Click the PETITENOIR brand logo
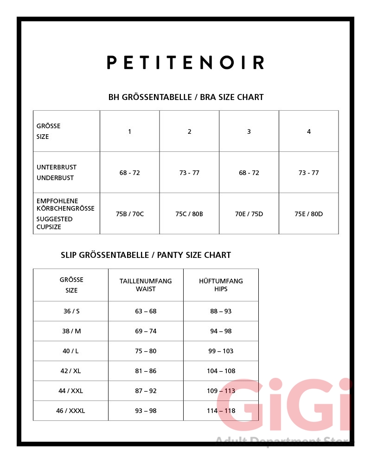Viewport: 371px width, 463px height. [x=185, y=63]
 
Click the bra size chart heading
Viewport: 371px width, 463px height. [x=186, y=97]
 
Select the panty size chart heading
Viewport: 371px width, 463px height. [x=146, y=255]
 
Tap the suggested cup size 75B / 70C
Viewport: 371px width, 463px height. [x=130, y=214]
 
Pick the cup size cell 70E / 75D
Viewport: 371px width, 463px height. [x=249, y=214]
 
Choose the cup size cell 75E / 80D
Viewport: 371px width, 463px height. [x=309, y=214]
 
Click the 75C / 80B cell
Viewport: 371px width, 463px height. [x=189, y=214]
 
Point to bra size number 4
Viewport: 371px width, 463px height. [x=309, y=131]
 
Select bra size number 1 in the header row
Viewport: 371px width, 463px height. [x=130, y=131]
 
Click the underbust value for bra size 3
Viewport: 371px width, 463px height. [x=249, y=173]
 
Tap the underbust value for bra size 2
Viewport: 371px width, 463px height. [x=189, y=173]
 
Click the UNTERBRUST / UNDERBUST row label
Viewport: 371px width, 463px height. [x=57, y=172]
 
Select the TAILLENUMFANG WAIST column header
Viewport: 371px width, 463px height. [x=146, y=285]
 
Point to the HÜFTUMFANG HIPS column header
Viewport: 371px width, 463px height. [x=221, y=285]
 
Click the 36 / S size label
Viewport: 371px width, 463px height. [x=71, y=311]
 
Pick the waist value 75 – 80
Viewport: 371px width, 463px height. [x=146, y=351]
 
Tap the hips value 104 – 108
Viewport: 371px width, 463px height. [x=221, y=371]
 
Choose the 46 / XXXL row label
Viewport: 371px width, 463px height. [x=71, y=411]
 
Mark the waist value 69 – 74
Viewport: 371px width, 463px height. [x=146, y=331]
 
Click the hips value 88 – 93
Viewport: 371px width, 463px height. [x=221, y=311]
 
